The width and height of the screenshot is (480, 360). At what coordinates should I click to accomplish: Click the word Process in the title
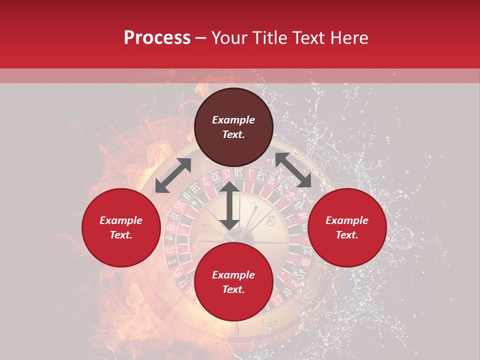(x=157, y=38)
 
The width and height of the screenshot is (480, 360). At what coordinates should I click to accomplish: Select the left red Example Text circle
(x=121, y=227)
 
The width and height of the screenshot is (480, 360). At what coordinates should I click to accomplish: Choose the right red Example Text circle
(x=347, y=227)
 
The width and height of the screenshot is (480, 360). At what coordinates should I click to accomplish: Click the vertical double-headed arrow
(x=229, y=205)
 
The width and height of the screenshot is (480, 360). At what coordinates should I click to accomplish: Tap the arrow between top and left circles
(x=173, y=175)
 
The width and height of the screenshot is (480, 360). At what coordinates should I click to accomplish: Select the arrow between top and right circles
(x=293, y=170)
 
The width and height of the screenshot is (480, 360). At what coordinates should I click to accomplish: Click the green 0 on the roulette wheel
(x=186, y=196)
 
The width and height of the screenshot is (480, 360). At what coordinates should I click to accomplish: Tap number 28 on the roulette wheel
(x=238, y=172)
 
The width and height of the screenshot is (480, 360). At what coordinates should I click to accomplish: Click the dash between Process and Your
(x=201, y=38)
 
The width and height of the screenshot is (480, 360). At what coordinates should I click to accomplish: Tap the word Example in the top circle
(x=233, y=120)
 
